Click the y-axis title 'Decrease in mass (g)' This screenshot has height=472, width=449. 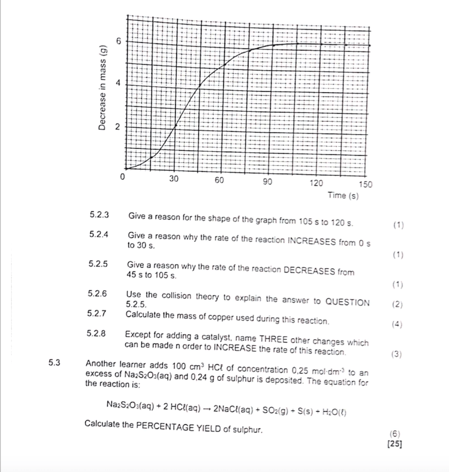pos(104,88)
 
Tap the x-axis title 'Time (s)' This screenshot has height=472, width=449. pos(343,196)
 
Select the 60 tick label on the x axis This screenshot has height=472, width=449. pos(219,180)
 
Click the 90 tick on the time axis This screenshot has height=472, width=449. pos(267,182)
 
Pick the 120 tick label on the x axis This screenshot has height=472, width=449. pos(316,183)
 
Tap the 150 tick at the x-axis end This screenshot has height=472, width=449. pos(365,184)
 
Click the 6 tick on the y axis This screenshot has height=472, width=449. pos(118,41)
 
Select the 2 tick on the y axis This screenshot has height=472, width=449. pos(118,126)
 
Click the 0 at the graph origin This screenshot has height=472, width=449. pos(122,176)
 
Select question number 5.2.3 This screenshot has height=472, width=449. pos(99,215)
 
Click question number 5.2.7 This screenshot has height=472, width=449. pos(97,314)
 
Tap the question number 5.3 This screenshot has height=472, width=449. pos(54,362)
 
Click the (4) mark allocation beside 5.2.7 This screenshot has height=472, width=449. pos(397,324)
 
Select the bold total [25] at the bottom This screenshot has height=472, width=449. pos(395,444)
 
